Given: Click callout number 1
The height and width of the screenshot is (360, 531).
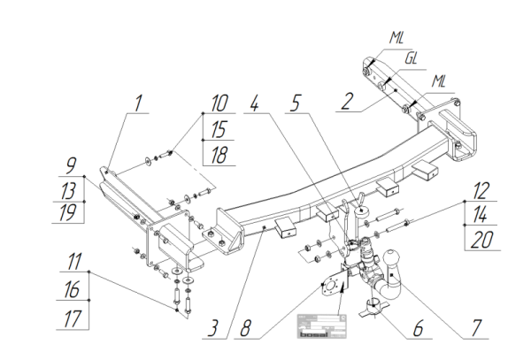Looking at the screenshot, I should coord(136,104).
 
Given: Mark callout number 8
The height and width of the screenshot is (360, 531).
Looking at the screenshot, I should coord(249,330).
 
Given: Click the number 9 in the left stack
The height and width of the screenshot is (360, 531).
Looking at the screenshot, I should coord(67,166).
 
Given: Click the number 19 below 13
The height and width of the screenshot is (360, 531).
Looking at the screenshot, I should coord(67,213).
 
